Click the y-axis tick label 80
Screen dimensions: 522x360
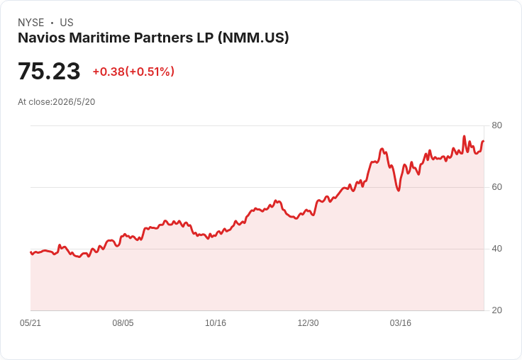point(496,125)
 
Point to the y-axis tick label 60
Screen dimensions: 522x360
point(496,187)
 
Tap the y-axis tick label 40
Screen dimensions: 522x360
point(496,249)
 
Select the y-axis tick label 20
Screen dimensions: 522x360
point(496,310)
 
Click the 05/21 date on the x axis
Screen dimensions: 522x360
point(30,322)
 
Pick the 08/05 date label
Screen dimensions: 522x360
point(123,322)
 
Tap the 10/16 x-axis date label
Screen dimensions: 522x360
point(216,322)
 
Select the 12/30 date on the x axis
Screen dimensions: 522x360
point(308,322)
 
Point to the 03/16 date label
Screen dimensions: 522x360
point(401,322)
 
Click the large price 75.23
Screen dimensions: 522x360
point(49,71)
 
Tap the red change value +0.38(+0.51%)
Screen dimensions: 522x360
point(133,72)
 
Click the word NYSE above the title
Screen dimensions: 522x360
point(31,23)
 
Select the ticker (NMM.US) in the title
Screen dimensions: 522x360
point(253,38)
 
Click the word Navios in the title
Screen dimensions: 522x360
point(42,38)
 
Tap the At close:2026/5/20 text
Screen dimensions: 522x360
point(57,102)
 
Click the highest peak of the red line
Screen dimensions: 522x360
point(464,136)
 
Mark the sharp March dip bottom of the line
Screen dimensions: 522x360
point(399,191)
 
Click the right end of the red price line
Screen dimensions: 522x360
point(484,141)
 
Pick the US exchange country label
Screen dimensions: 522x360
point(67,23)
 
